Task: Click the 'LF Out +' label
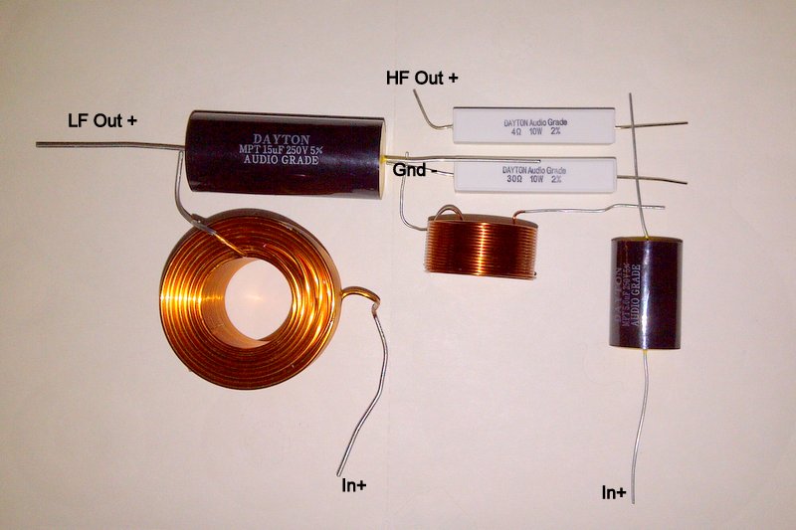click(x=102, y=121)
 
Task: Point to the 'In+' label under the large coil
click(x=354, y=486)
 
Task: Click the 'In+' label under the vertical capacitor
click(x=614, y=492)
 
